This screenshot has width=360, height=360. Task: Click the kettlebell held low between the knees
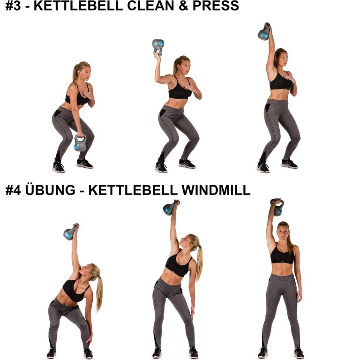80,143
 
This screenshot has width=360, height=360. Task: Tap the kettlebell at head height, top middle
158,47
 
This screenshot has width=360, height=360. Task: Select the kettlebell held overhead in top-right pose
264,32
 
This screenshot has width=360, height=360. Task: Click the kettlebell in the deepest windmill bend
70,232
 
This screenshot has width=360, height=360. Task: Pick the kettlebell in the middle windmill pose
170,207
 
